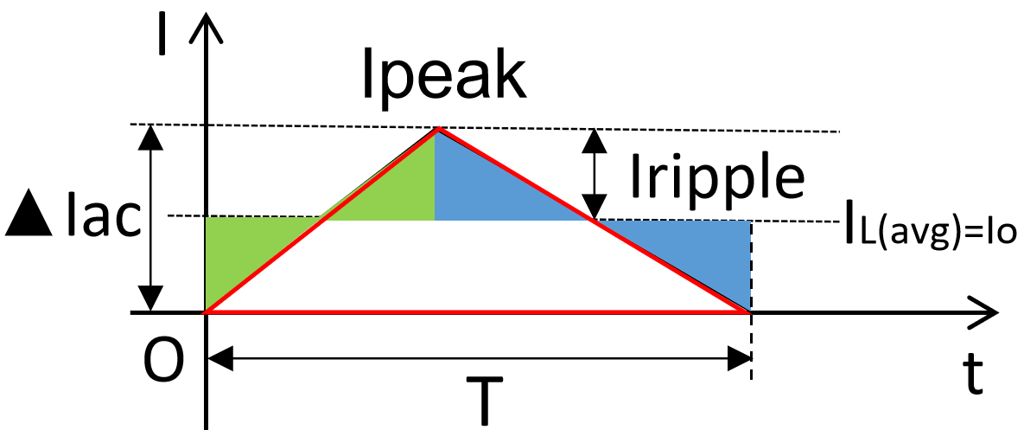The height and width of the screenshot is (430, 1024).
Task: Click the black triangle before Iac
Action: pos(31,221)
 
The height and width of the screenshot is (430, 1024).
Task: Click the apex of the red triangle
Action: pos(438,129)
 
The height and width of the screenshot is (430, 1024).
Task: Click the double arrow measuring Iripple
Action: pos(593,173)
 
